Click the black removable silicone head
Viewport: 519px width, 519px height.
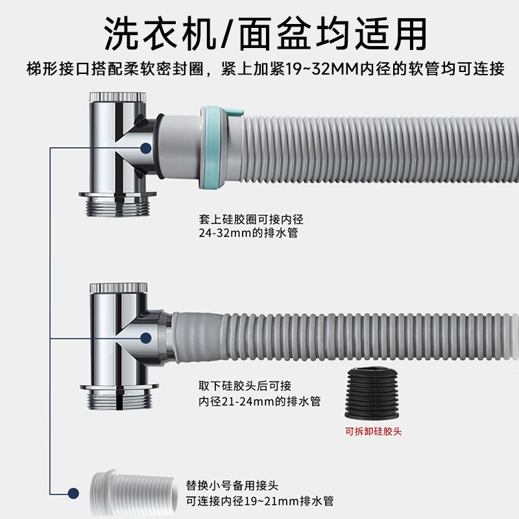tap(372, 393)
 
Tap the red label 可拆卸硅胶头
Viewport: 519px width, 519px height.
tap(373, 431)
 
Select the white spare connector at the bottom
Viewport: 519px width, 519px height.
tap(134, 493)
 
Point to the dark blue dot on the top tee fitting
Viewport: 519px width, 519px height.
tap(145, 148)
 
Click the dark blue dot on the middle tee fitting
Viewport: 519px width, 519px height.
tap(145, 338)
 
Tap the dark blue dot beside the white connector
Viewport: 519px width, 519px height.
tap(73, 494)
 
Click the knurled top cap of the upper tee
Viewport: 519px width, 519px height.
tap(117, 97)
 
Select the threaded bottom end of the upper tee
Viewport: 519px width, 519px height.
tap(117, 204)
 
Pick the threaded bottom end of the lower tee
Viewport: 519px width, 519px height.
tap(119, 396)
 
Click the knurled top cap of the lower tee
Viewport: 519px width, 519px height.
tap(119, 287)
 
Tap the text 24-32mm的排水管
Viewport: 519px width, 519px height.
tap(248, 233)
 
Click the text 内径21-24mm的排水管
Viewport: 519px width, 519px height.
tap(259, 402)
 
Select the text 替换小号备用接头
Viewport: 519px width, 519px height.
tap(232, 485)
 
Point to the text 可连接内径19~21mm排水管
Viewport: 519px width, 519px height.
tap(259, 501)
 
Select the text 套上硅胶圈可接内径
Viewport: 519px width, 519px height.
tap(251, 219)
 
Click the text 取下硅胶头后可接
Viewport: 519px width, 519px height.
tap(245, 385)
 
